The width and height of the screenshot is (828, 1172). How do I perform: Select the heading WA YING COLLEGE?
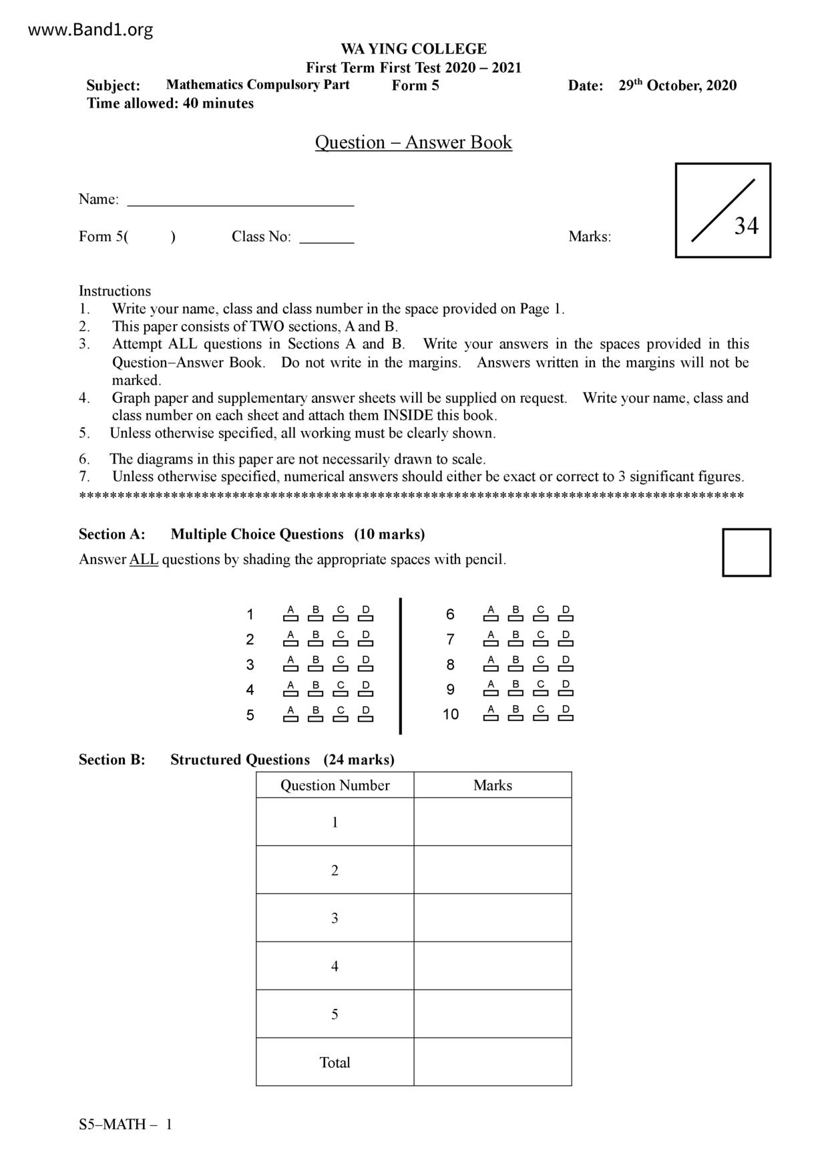413,49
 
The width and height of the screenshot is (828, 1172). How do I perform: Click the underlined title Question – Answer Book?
413,142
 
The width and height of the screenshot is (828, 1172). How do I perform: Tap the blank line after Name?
240,200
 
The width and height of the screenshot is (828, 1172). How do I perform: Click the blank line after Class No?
327,238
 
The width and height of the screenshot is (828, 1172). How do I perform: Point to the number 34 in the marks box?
747,227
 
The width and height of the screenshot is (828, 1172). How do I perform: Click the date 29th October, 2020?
677,86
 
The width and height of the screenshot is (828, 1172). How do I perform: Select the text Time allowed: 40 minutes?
170,104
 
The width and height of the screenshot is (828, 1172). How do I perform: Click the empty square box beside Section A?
746,553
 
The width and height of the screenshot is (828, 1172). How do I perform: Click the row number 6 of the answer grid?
450,615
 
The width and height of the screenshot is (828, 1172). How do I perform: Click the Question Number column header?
335,785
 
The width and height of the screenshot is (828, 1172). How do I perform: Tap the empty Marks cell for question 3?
493,918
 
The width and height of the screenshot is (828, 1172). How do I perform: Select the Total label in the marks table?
335,1062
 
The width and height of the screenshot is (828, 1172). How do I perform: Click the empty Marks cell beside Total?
493,1062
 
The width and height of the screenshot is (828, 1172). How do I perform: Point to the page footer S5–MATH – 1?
126,1125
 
